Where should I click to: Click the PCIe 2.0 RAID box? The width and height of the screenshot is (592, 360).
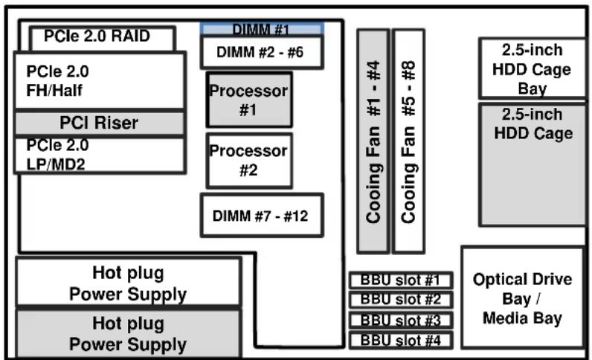(103, 37)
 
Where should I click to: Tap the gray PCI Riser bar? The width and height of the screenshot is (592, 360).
(100, 123)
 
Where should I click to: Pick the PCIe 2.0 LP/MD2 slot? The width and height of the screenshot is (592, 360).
(100, 155)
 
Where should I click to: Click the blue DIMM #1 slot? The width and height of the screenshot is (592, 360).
(262, 29)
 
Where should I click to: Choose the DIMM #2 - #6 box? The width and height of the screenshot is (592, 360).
(262, 52)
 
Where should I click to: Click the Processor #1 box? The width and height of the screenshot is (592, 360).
(248, 99)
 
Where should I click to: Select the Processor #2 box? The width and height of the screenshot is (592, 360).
(248, 160)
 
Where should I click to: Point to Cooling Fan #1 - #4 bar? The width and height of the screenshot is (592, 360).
(373, 141)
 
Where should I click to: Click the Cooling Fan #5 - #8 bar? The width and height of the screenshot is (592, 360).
(408, 141)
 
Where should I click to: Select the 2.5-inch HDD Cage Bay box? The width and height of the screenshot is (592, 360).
(533, 68)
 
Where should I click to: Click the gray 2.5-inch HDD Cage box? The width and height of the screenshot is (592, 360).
(533, 164)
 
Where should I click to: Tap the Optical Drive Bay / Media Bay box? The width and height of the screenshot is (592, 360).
(523, 298)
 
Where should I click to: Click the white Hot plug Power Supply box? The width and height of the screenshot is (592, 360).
(128, 283)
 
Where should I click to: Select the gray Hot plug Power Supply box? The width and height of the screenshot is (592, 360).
(128, 334)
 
